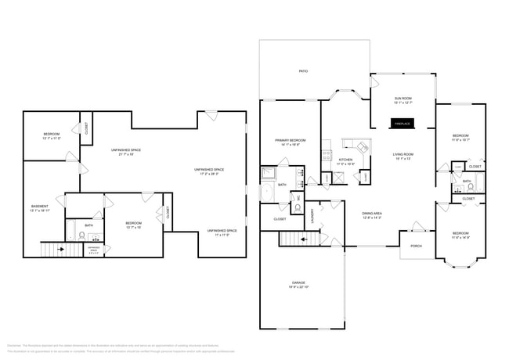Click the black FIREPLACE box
tap(403, 123)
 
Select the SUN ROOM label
tap(403, 99)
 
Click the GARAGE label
tap(299, 283)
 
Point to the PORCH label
tap(416, 245)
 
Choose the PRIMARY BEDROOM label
tap(290, 142)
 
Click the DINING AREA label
tap(372, 214)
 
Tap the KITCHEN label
tap(345, 161)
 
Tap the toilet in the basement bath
tap(82, 234)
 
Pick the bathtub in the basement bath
tap(70, 232)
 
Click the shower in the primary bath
tap(269, 173)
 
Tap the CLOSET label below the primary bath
tap(280, 220)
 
